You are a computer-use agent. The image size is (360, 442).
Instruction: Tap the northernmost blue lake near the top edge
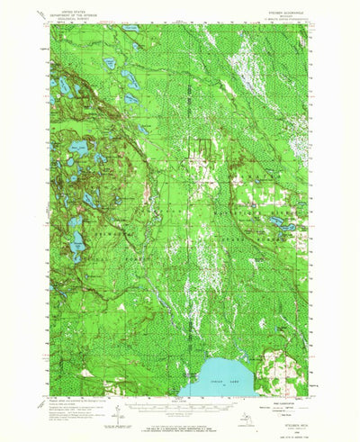pyautogui.click(x=131, y=29)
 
